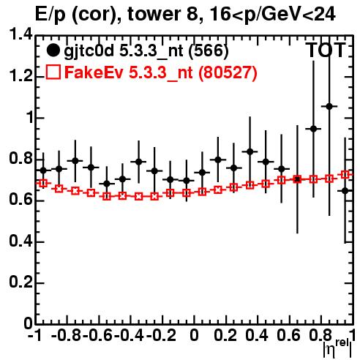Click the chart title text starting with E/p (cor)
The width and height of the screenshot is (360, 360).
pyautogui.click(x=185, y=15)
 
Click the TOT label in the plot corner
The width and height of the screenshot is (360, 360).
pyautogui.click(x=326, y=50)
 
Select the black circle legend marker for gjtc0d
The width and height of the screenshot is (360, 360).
pyautogui.click(x=53, y=50)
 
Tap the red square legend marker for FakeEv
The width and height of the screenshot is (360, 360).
pyautogui.click(x=53, y=72)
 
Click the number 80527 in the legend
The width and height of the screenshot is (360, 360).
pyautogui.click(x=228, y=72)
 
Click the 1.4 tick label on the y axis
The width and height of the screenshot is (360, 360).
pyautogui.click(x=20, y=34)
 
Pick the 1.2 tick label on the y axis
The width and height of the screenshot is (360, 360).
pyautogui.click(x=20, y=76)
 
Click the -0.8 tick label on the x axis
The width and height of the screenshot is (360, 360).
pyautogui.click(x=66, y=336)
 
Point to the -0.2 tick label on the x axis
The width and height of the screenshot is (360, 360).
pyautogui.click(x=161, y=336)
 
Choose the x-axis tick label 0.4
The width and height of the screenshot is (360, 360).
pyautogui.click(x=257, y=336)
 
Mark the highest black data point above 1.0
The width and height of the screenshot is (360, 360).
pyautogui.click(x=329, y=106)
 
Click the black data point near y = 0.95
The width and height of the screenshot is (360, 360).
pyautogui.click(x=313, y=129)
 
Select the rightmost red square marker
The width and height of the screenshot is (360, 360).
pyautogui.click(x=345, y=174)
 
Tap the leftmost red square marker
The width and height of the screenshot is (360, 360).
pyautogui.click(x=43, y=183)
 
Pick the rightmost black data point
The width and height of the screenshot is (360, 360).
pyautogui.click(x=345, y=191)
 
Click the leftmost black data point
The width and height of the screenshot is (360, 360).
pyautogui.click(x=43, y=170)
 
